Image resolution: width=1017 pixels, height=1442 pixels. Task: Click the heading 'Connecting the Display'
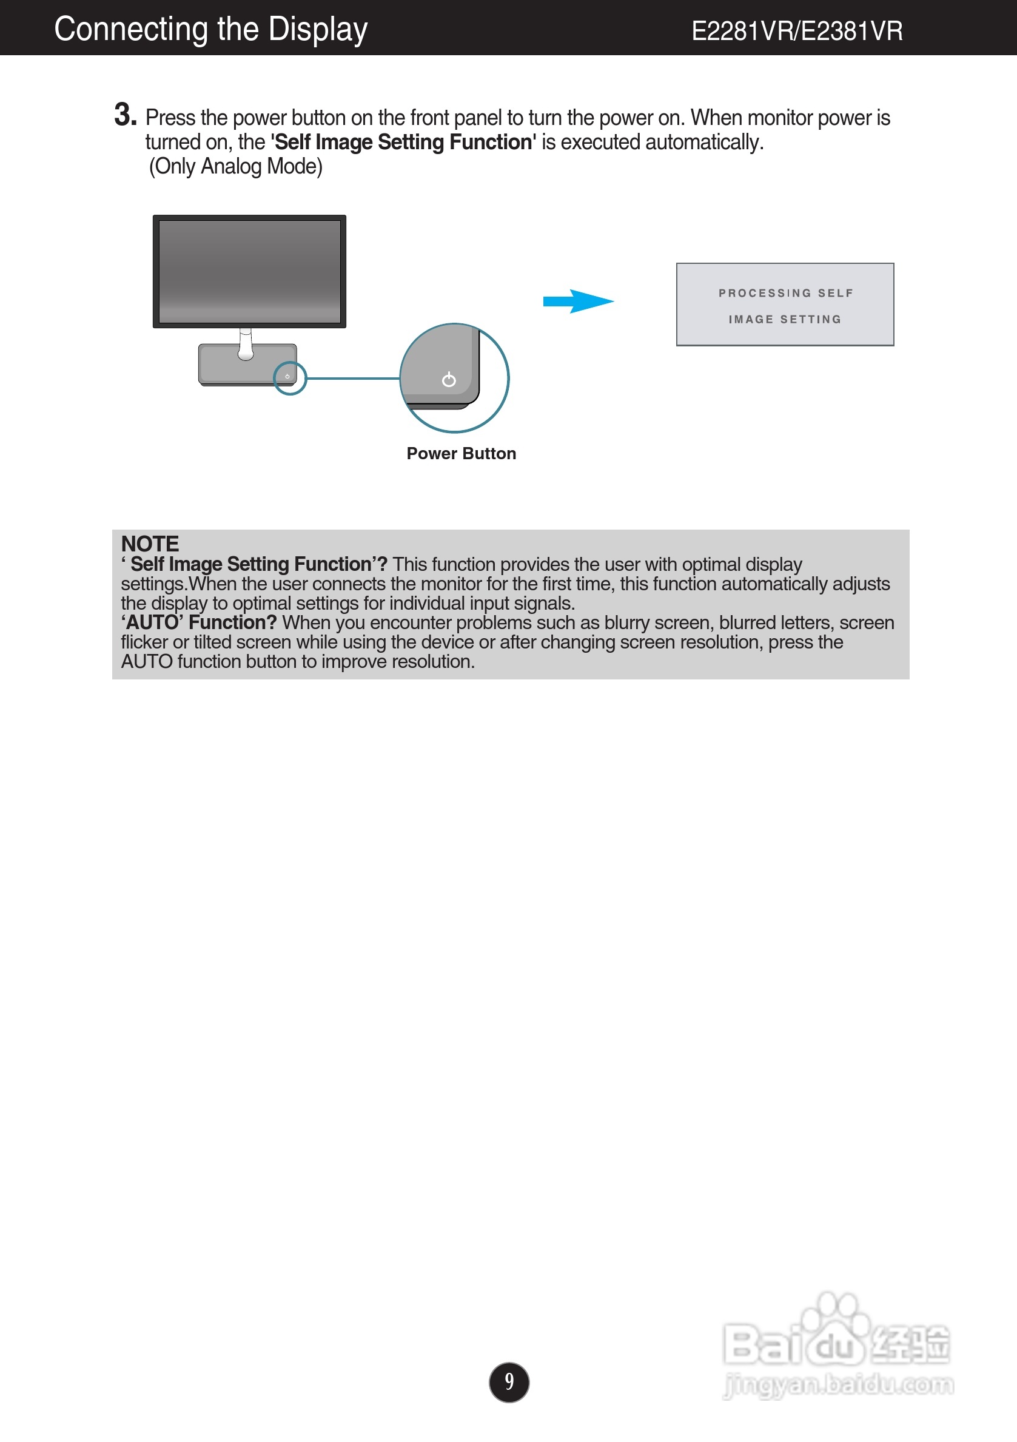[210, 29]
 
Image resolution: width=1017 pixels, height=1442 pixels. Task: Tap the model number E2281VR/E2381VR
[797, 31]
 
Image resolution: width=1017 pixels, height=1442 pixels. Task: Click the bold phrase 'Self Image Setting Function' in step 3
[403, 143]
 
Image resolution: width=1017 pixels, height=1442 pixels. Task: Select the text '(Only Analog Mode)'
[235, 166]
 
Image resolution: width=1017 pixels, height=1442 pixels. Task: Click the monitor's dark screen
[249, 271]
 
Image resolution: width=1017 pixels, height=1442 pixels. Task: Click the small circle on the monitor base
[290, 378]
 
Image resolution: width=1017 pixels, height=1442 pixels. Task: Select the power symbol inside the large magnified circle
[449, 379]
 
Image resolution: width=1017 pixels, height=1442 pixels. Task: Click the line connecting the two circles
[353, 378]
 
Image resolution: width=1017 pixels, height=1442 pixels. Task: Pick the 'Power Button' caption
[461, 453]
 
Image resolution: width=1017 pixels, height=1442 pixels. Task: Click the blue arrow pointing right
[577, 302]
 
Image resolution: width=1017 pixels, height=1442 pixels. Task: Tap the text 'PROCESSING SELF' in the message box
[785, 293]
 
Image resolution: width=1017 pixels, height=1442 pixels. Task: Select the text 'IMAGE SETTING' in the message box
[785, 320]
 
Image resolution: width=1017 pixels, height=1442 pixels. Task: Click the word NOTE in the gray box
[150, 544]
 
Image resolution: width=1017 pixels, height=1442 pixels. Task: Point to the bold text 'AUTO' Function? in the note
[199, 622]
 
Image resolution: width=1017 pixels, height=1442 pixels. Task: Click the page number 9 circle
[508, 1382]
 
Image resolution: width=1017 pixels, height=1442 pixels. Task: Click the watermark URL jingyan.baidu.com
[839, 1384]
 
